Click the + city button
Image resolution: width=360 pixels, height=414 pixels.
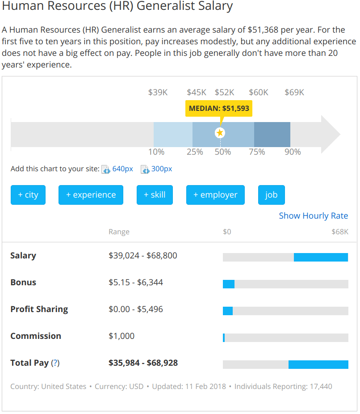pos(28,195)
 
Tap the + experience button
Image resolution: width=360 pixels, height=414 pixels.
pos(91,195)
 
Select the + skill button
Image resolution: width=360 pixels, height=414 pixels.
pos(155,195)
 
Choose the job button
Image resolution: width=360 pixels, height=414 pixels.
pos(271,195)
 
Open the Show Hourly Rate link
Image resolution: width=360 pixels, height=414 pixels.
pos(313,215)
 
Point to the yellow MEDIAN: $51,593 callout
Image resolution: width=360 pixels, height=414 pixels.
pos(219,108)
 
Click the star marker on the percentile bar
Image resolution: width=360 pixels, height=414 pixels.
pos(220,133)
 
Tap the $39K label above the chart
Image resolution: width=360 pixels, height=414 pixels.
pos(158,93)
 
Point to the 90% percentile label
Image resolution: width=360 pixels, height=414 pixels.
pos(293,152)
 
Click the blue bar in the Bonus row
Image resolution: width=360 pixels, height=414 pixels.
pos(229,284)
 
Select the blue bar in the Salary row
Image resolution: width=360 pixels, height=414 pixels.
pos(321,257)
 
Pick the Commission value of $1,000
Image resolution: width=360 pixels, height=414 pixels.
pos(121,336)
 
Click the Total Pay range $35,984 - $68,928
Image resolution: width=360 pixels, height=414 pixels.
pos(143,363)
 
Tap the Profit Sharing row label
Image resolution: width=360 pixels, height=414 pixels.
pos(39,309)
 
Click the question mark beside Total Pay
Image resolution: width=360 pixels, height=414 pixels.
pos(55,363)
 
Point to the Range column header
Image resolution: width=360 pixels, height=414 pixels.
pos(119,232)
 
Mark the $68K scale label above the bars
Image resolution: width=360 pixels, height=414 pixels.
pos(339,232)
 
